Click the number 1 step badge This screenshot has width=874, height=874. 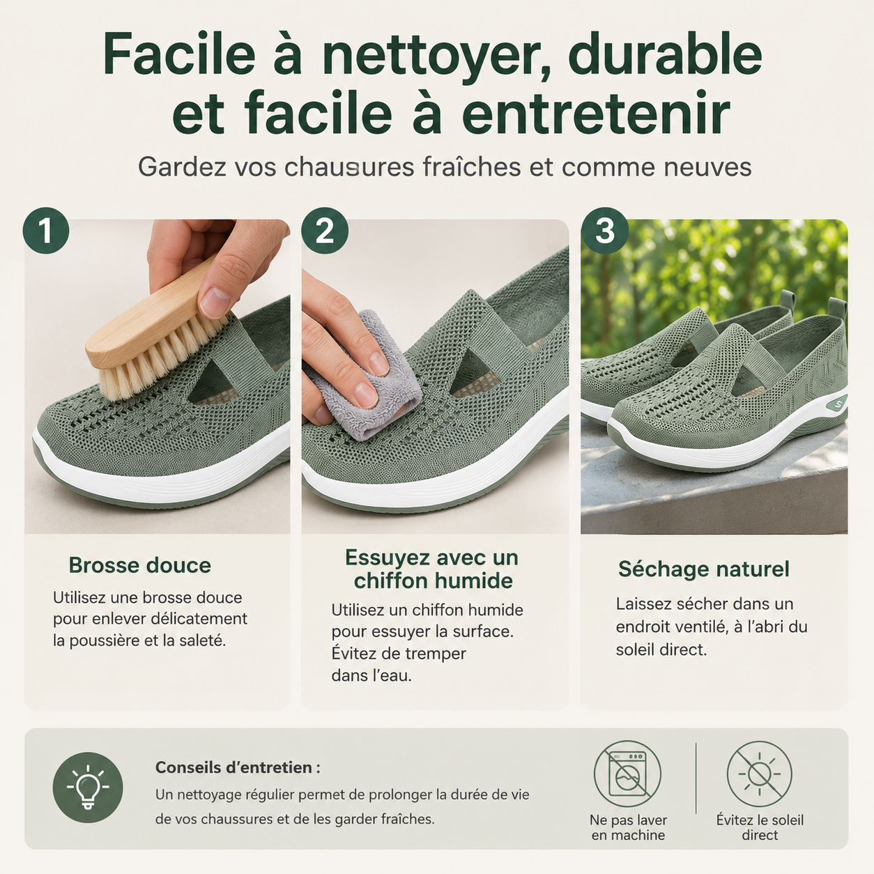[x=46, y=231]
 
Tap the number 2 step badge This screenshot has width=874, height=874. [x=325, y=231]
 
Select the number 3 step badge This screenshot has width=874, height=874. [x=604, y=231]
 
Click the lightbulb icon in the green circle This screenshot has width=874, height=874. [x=88, y=788]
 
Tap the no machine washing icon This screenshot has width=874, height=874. [x=627, y=774]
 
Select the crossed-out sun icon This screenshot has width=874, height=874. [x=759, y=774]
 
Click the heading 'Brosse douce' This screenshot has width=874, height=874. [x=139, y=565]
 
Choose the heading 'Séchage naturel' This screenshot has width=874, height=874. [x=703, y=569]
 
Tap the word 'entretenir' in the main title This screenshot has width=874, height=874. [x=596, y=113]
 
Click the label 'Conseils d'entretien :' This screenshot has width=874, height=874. [x=238, y=767]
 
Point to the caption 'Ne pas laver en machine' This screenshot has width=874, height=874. [x=628, y=828]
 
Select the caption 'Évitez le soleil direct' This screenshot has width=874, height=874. [x=760, y=828]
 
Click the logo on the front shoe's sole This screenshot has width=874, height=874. [x=837, y=403]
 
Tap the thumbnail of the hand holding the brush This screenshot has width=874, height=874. [x=158, y=376]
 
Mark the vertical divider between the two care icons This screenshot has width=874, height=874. [x=696, y=778]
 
